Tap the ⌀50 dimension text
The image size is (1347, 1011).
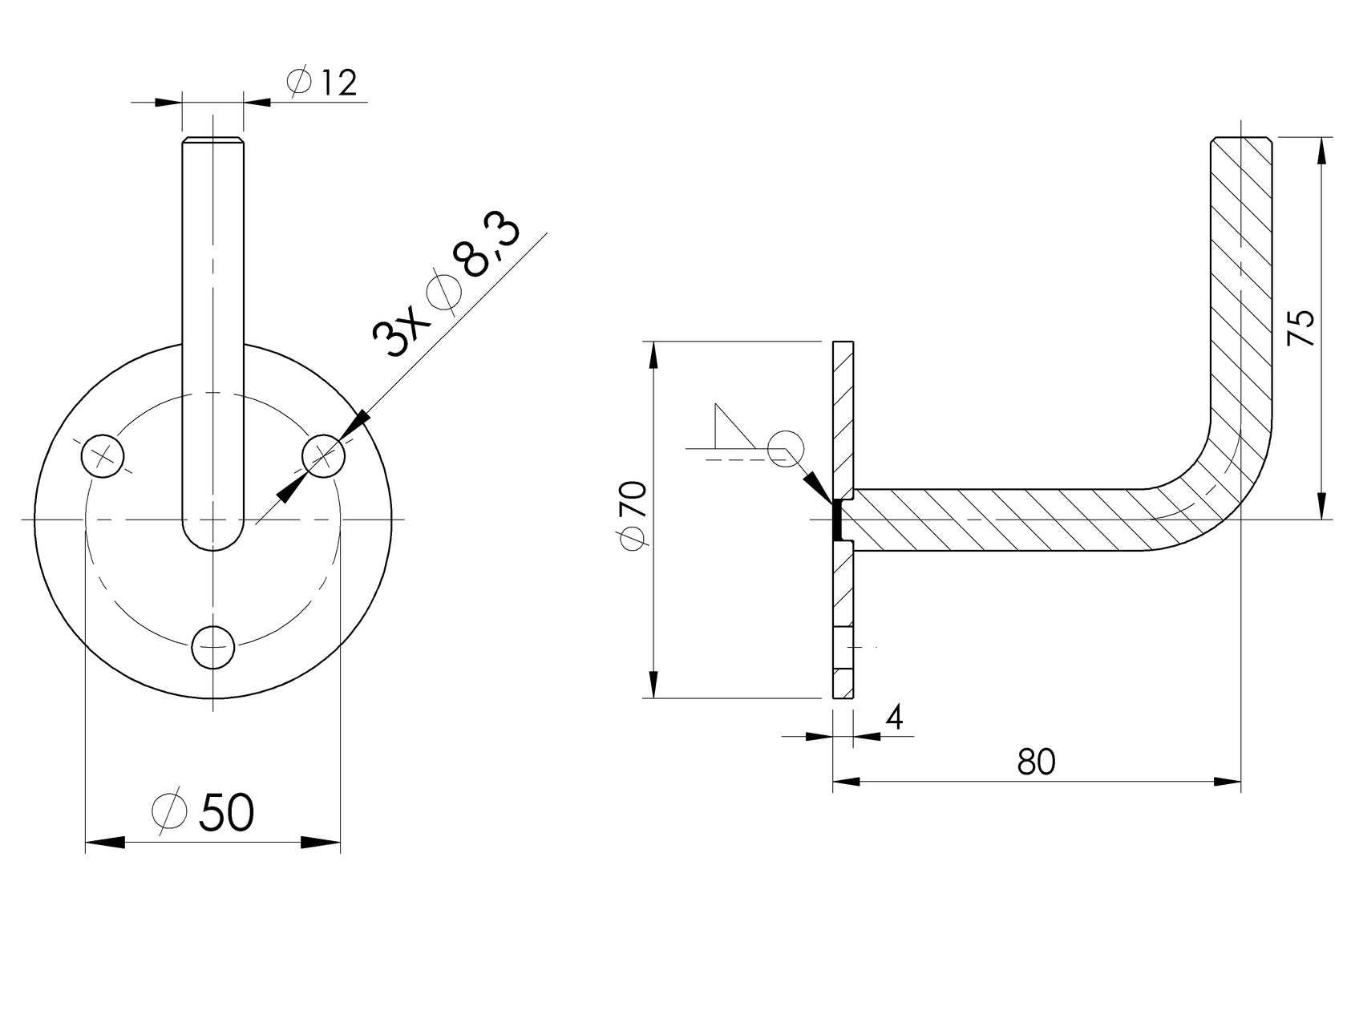tap(204, 812)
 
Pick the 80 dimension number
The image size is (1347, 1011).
tap(1036, 762)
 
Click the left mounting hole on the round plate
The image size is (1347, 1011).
tap(103, 456)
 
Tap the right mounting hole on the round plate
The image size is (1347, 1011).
tap(323, 456)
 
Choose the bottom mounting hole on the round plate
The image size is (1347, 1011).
tap(213, 647)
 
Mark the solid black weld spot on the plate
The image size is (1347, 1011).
tap(836, 520)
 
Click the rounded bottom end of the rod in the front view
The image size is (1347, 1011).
tap(213, 539)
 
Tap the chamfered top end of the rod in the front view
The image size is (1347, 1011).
tap(212, 143)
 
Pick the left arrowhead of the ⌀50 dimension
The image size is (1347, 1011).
tap(105, 842)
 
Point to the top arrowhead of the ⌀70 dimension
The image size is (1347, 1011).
tap(654, 356)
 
